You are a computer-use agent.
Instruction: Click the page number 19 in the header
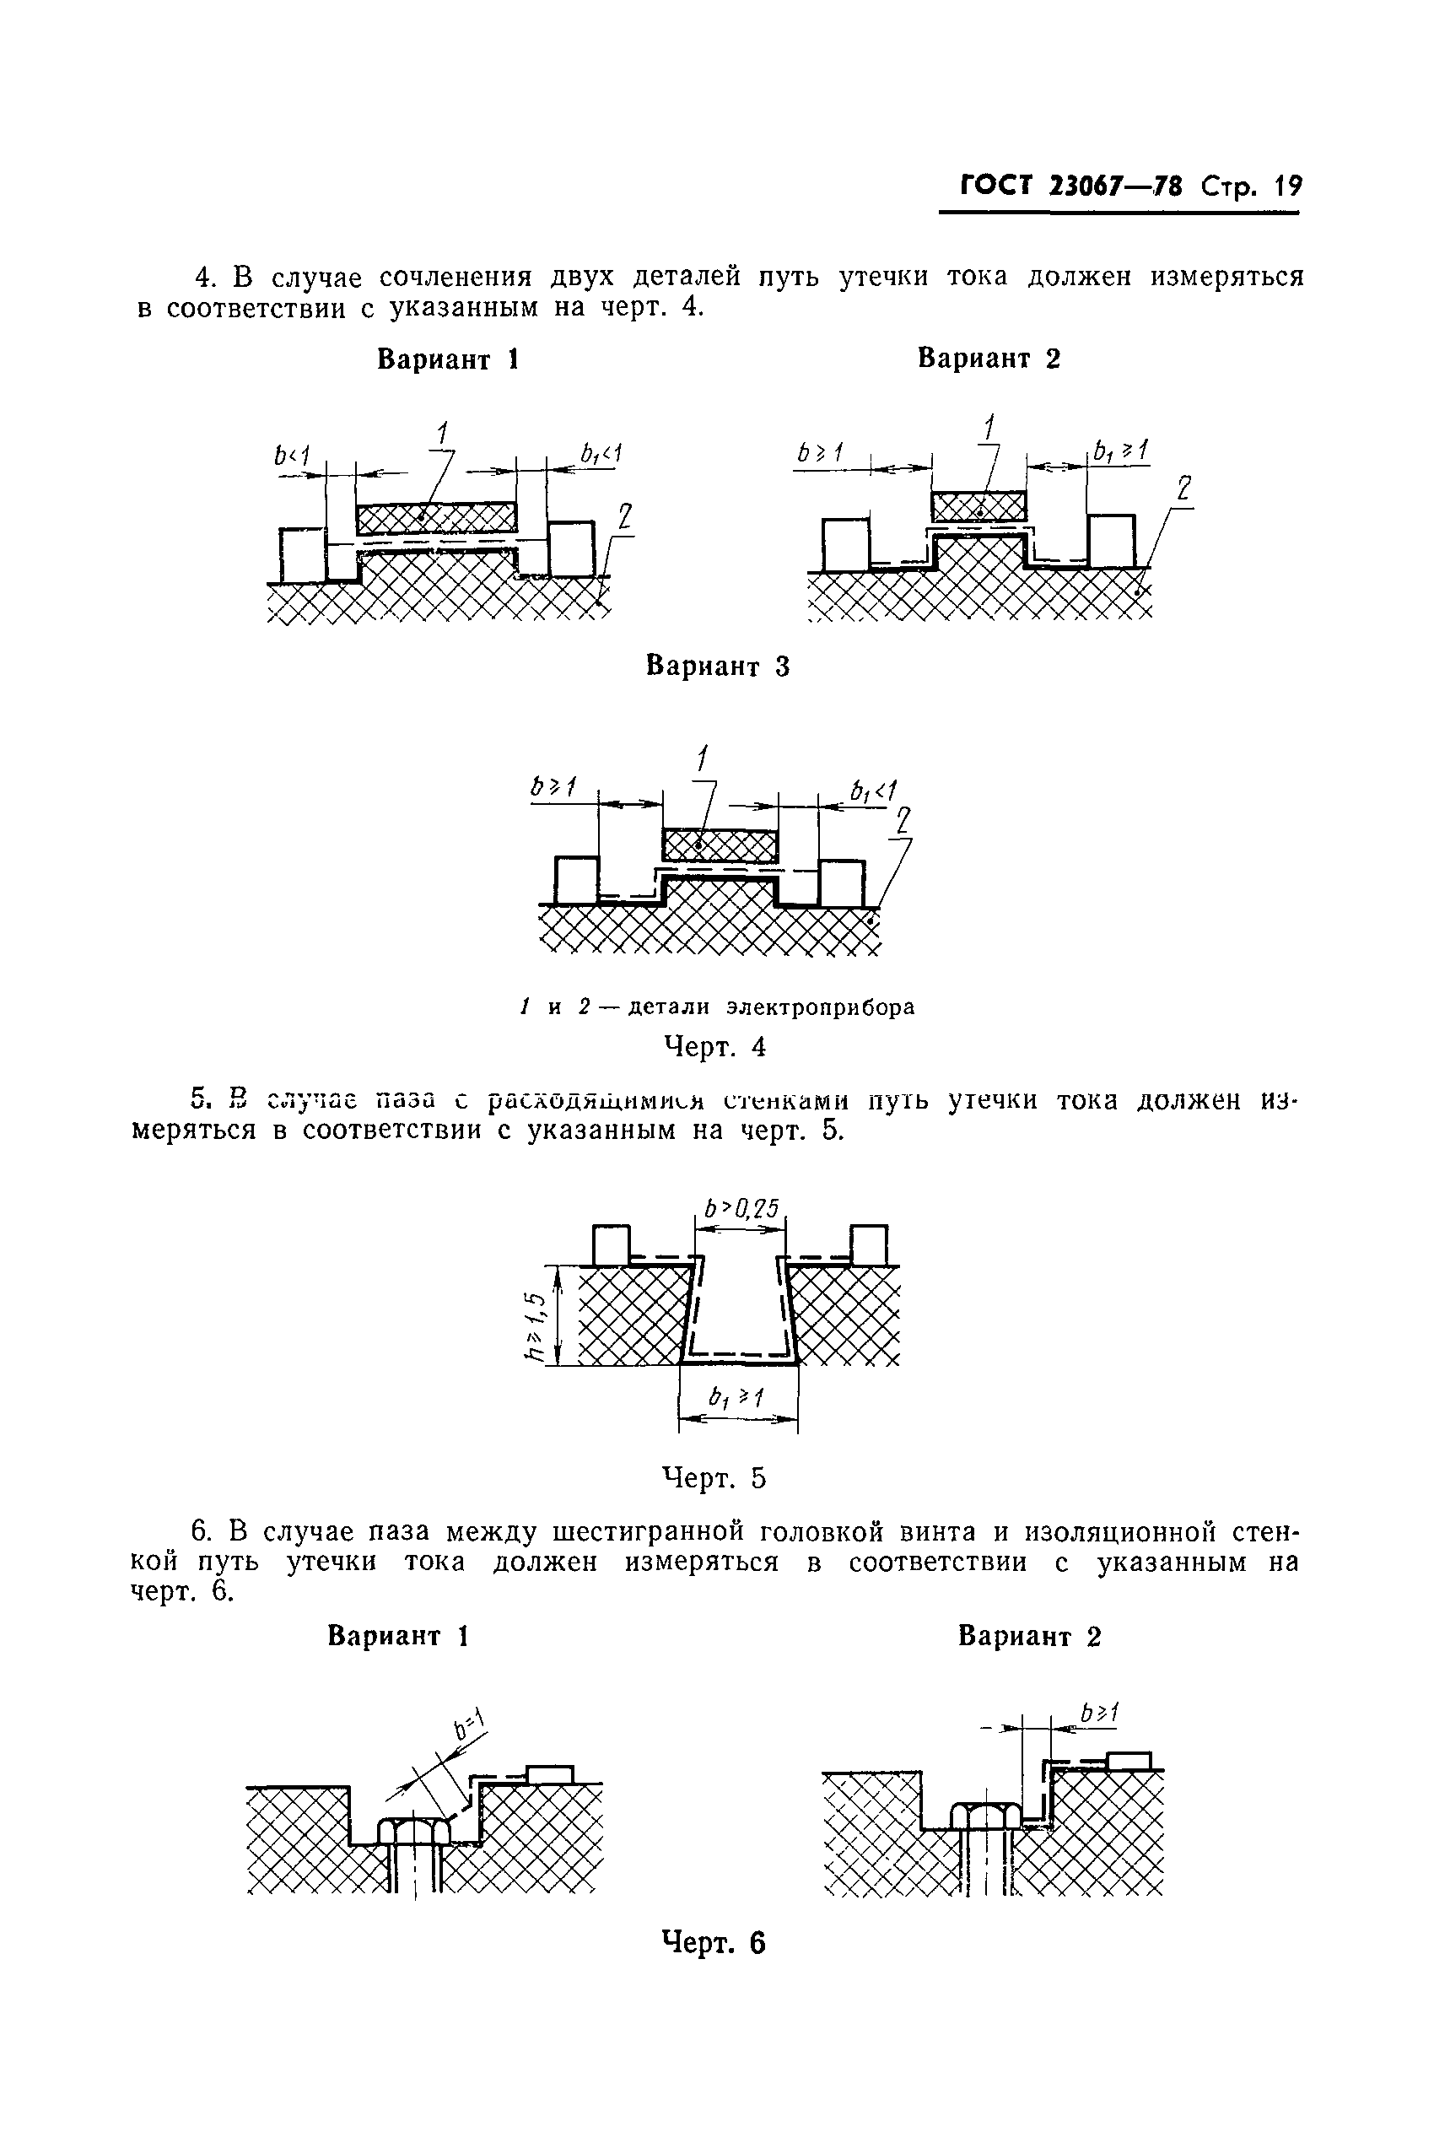[1288, 186]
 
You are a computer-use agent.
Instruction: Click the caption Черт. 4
[714, 1046]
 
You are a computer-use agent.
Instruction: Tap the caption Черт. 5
[714, 1478]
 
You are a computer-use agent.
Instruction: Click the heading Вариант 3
[717, 666]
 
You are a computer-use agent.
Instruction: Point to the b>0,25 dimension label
[741, 1210]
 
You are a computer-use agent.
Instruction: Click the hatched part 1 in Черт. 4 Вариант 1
[436, 519]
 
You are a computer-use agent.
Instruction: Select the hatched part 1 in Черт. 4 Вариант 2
[978, 505]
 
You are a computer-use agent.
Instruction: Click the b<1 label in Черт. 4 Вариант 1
[292, 455]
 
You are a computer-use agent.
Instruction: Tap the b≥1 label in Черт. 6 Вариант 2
[1098, 1712]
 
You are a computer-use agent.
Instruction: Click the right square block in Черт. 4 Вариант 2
[1111, 541]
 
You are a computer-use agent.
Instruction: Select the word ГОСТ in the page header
[995, 186]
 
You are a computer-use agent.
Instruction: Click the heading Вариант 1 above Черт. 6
[398, 1635]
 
